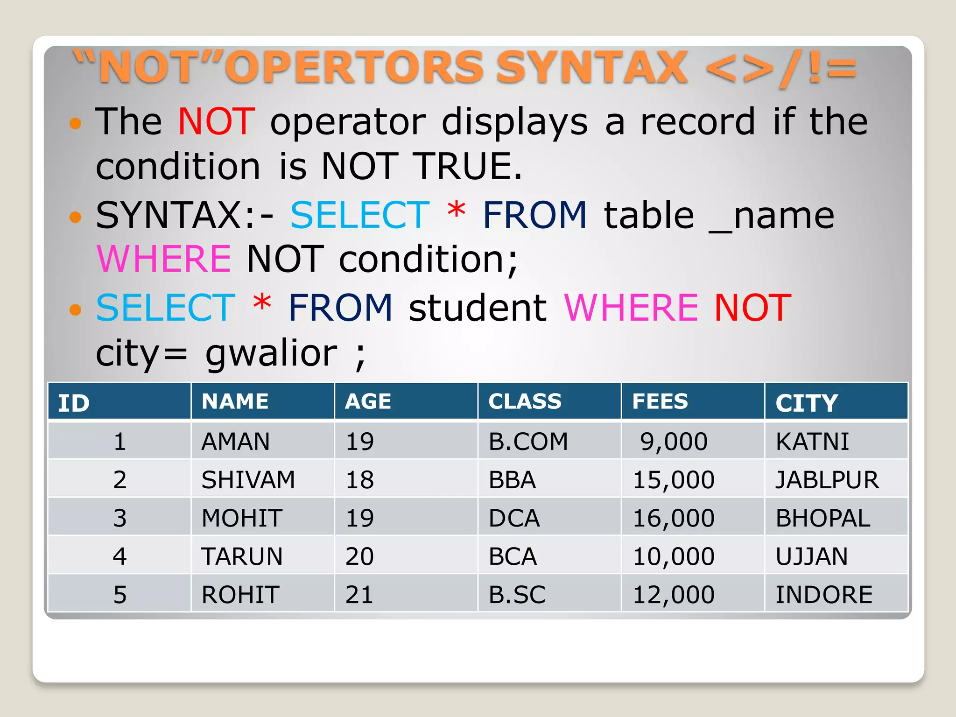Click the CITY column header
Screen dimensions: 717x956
(806, 402)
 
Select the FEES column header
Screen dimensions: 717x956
(660, 401)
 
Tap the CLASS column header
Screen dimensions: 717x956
(525, 401)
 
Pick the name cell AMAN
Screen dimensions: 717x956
(235, 441)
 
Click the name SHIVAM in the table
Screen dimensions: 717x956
(248, 479)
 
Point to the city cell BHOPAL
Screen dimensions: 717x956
(822, 518)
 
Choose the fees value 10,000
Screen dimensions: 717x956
(673, 556)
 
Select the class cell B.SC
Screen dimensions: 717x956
(517, 594)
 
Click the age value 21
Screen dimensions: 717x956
(359, 594)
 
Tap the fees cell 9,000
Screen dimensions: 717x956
(673, 441)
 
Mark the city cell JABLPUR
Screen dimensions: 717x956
(827, 479)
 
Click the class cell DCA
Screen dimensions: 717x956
(514, 518)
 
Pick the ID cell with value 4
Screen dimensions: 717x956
(119, 556)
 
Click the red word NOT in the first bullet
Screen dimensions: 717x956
(216, 121)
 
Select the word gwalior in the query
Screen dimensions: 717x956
(271, 353)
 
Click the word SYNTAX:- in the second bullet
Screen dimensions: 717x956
(184, 215)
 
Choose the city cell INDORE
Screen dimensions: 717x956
(823, 594)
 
